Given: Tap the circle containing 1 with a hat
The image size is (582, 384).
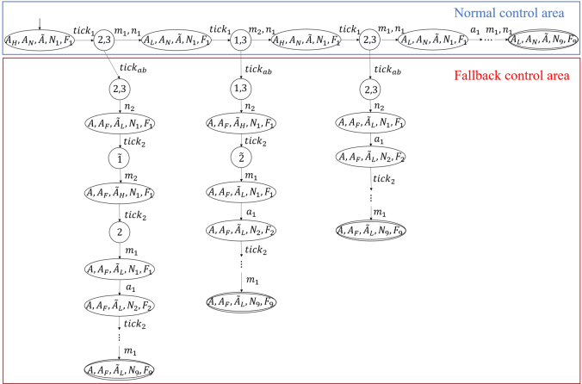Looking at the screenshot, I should (x=120, y=158).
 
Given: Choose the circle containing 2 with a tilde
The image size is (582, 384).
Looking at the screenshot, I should (x=242, y=158).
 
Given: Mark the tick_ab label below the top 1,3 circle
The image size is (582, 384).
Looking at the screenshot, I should (x=255, y=69).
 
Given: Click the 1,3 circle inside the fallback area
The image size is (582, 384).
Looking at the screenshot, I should (x=242, y=89).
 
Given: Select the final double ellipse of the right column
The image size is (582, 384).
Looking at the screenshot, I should (x=371, y=230).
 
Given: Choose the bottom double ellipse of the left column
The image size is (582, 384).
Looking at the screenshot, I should (x=120, y=371).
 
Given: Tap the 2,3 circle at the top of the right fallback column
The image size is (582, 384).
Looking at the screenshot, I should (x=371, y=89).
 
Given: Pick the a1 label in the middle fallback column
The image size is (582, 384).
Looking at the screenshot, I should (x=251, y=213).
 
